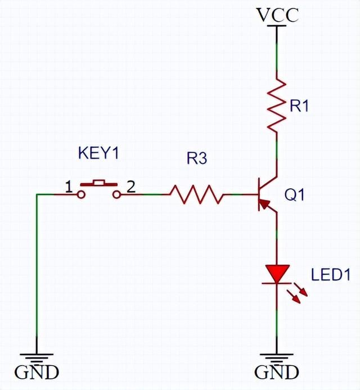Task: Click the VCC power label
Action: tap(277, 15)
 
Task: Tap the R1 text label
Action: tap(299, 106)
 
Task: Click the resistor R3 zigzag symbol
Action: tap(197, 194)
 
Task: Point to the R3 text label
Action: tap(197, 159)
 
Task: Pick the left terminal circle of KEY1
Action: tap(82, 194)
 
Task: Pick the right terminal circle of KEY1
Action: tap(117, 194)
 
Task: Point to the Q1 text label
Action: tap(295, 196)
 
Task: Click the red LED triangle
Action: tap(277, 273)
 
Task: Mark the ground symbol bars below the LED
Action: tap(277, 357)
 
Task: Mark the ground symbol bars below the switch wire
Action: tap(37, 357)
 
